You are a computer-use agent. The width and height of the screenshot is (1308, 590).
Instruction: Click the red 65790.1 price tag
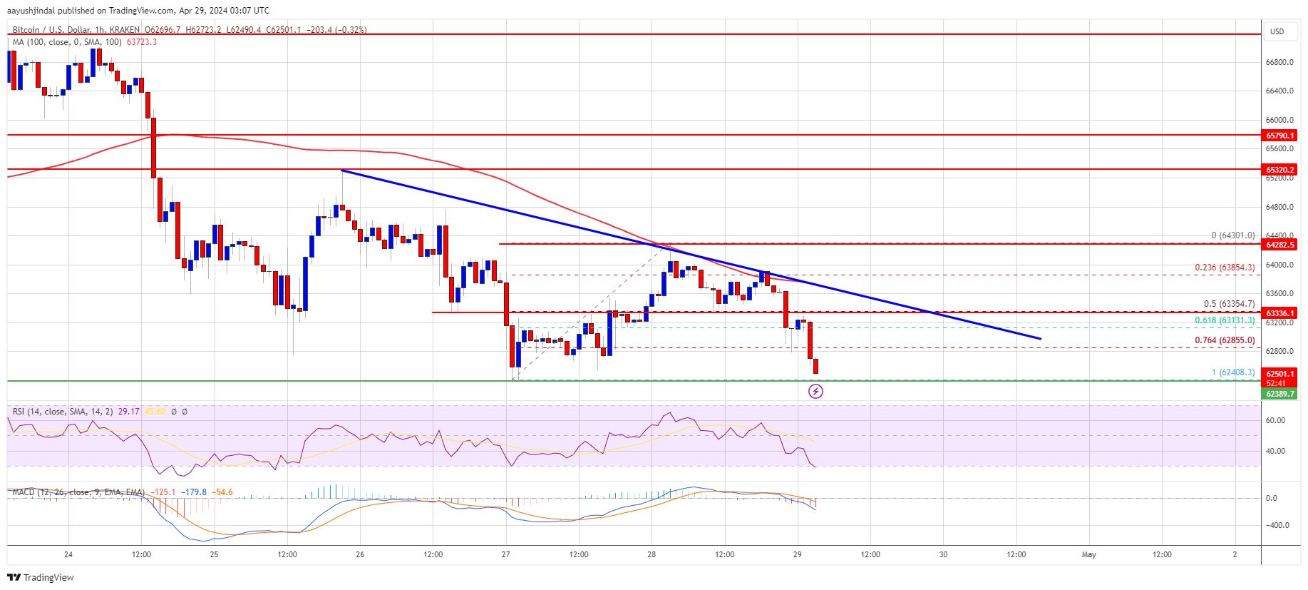[1280, 135]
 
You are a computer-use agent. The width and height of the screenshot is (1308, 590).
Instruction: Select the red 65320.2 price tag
[1280, 170]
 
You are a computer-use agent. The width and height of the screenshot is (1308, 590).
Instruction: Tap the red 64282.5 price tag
[1280, 245]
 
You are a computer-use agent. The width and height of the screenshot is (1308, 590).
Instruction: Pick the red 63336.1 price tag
[1280, 313]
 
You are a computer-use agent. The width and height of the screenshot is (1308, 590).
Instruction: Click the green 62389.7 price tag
[1280, 394]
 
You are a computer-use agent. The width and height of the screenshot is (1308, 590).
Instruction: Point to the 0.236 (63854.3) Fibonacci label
[1225, 268]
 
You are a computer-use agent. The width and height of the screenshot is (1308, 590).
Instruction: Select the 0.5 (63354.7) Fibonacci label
[1229, 304]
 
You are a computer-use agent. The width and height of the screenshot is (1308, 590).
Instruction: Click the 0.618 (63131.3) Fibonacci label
[1225, 321]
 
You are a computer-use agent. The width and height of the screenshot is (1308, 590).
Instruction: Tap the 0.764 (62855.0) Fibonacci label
[1225, 340]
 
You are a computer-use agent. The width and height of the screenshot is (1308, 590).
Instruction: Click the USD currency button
[1277, 31]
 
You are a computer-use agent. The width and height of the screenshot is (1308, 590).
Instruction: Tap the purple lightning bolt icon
[815, 391]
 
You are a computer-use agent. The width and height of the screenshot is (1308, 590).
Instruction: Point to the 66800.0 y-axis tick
[1279, 63]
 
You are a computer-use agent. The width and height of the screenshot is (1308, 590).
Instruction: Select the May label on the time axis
[1088, 554]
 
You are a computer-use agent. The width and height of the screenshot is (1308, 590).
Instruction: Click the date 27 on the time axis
[506, 554]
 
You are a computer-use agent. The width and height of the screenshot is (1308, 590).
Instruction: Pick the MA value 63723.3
[141, 42]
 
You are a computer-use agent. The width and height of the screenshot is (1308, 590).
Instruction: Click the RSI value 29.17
[128, 412]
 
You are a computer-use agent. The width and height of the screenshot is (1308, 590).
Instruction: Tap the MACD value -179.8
[194, 492]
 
